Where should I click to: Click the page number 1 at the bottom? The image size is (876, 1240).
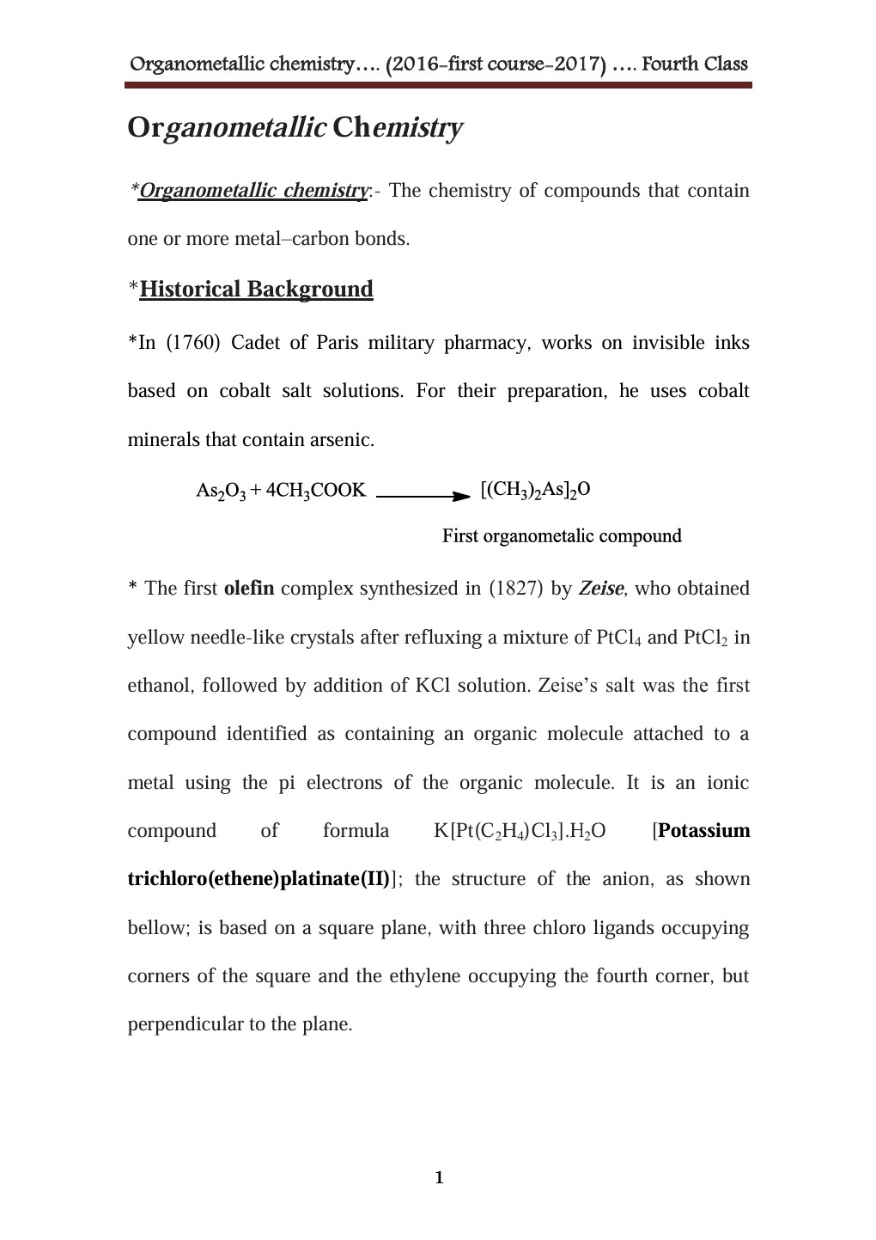point(439,1177)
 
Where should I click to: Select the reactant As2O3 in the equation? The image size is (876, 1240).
point(221,491)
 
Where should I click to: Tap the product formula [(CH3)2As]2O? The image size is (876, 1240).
point(535,490)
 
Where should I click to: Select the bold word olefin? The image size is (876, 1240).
point(248,589)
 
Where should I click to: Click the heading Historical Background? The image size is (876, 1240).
point(256,289)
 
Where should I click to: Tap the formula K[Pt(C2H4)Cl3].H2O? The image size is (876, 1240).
point(520,831)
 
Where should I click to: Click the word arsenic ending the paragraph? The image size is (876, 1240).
point(342,440)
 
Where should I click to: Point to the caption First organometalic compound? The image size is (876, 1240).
point(562,536)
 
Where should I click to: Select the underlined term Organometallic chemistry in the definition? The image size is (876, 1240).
point(253,191)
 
